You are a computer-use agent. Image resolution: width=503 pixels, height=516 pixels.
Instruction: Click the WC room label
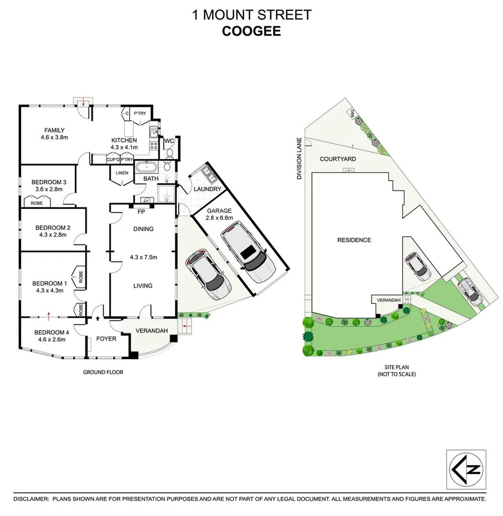169,142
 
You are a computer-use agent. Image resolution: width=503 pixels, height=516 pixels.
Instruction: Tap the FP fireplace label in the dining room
141,212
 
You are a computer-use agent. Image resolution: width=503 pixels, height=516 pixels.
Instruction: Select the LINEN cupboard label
122,173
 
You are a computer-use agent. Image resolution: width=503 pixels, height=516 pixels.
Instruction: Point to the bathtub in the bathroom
148,167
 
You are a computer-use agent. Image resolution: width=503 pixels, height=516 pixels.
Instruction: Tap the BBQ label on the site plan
352,113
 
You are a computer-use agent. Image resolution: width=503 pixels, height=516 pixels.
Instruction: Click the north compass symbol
466,470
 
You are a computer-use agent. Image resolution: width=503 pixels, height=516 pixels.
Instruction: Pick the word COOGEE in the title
251,31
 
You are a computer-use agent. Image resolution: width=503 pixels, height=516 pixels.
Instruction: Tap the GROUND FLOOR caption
103,372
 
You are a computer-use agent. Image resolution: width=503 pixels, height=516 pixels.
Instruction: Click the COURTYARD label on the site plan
337,159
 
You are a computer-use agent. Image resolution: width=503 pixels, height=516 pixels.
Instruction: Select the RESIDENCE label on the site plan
354,240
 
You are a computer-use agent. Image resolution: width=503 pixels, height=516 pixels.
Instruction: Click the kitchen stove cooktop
153,146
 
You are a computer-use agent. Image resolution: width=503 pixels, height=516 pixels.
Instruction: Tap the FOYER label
106,339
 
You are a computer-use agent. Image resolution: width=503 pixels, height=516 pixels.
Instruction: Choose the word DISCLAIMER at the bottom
31,499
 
